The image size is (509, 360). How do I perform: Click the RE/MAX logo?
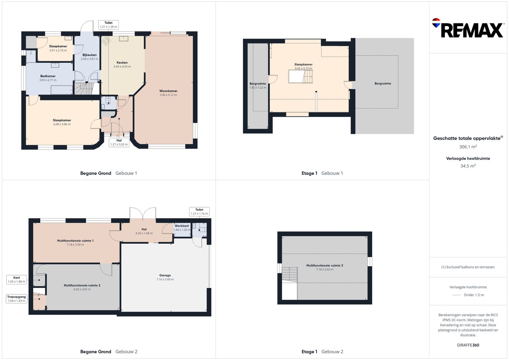[x=468, y=28]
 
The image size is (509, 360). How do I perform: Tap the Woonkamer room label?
[x=168, y=91]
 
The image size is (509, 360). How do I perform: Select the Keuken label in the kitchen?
[x=122, y=63]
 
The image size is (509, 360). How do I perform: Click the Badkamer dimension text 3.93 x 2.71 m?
[x=48, y=80]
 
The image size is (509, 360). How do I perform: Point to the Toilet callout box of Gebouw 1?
[x=109, y=24]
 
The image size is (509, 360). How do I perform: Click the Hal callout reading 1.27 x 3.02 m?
[x=119, y=142]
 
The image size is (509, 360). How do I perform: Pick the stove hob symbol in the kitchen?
[x=106, y=41]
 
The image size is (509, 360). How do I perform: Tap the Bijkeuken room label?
[x=89, y=55]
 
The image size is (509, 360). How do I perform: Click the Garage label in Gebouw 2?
[x=165, y=275]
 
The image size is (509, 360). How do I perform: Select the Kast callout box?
[x=17, y=279]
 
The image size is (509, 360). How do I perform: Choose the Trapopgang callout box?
[x=17, y=298]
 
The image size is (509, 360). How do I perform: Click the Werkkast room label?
[x=182, y=226]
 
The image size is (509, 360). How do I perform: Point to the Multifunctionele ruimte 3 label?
[x=324, y=266]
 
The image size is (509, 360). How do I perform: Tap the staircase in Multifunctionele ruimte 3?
[x=289, y=274]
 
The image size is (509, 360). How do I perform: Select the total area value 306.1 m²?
[x=468, y=147]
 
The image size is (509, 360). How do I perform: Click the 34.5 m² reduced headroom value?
[x=468, y=166]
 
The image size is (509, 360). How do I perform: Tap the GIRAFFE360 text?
[x=468, y=345]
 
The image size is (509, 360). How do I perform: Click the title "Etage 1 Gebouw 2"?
[x=322, y=352]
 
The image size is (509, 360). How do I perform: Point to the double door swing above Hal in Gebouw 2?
[x=143, y=213]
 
